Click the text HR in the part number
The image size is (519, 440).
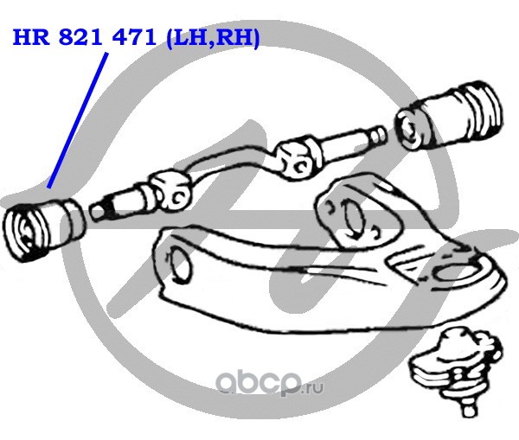(x=30, y=37)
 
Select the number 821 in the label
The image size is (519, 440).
(x=80, y=37)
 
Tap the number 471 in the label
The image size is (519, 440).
(x=134, y=37)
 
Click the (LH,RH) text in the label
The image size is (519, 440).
(x=213, y=38)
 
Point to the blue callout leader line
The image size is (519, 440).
(x=78, y=120)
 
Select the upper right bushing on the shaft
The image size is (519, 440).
(x=448, y=116)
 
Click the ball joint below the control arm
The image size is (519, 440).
(x=456, y=367)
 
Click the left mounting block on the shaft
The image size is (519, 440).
(x=170, y=190)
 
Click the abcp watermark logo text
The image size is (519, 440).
(x=258, y=384)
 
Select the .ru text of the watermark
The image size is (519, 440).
(x=313, y=388)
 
